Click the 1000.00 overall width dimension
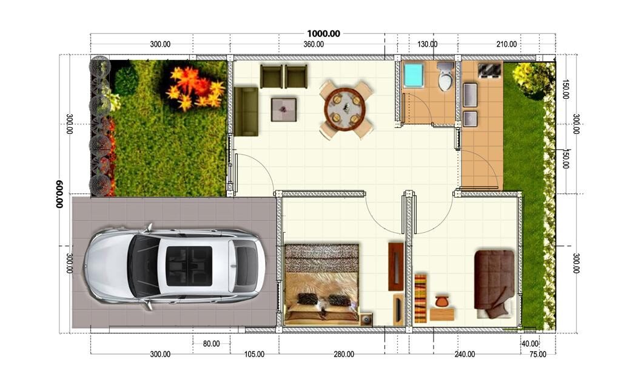(323, 33)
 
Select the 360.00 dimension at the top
(314, 44)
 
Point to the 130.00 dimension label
(428, 44)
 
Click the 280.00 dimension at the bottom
(343, 354)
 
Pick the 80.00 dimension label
(211, 344)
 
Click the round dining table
(347, 109)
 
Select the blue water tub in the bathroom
(414, 75)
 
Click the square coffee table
(283, 110)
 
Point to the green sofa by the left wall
(246, 112)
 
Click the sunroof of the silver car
(190, 266)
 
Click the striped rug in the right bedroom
(421, 298)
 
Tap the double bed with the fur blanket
(321, 284)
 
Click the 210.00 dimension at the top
(506, 44)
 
